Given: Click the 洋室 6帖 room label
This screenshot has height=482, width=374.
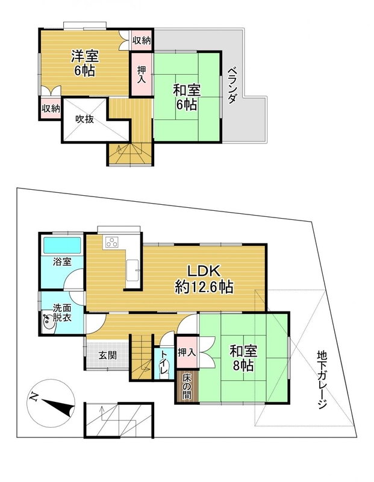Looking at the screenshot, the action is tap(84, 63).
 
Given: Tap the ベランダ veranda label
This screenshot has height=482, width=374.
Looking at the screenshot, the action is tap(232, 85).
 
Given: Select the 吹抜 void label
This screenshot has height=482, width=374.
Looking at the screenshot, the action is tap(84, 119).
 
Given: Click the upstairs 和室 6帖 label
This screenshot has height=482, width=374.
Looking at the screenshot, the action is tap(187, 98).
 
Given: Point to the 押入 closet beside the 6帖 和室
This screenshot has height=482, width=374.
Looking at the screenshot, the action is tap(141, 74).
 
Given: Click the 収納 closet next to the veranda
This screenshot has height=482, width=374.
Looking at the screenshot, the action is tap(142, 40).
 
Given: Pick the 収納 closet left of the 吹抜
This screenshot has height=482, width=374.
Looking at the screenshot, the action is tap(51, 108).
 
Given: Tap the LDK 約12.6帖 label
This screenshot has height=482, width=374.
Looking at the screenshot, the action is tap(204, 279).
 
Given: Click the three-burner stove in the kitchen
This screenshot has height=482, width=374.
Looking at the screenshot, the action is tap(111, 242).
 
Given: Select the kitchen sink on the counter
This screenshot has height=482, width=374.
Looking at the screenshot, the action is tap(133, 270).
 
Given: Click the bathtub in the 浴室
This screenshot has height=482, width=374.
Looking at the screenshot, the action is tap(63, 245).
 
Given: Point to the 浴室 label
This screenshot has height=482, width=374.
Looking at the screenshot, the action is tap(63, 262).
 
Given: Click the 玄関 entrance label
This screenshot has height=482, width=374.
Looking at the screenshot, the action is tap(108, 355).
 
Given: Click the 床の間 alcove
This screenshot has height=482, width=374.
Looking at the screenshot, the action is tap(187, 386).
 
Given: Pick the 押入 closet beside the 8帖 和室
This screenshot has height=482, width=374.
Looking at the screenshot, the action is tap(187, 352).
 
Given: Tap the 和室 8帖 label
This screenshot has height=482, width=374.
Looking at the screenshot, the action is tap(243, 358).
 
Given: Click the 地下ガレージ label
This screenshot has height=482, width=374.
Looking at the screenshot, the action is tap(322, 380).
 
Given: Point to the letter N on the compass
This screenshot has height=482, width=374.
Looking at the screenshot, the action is tap(33, 397).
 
